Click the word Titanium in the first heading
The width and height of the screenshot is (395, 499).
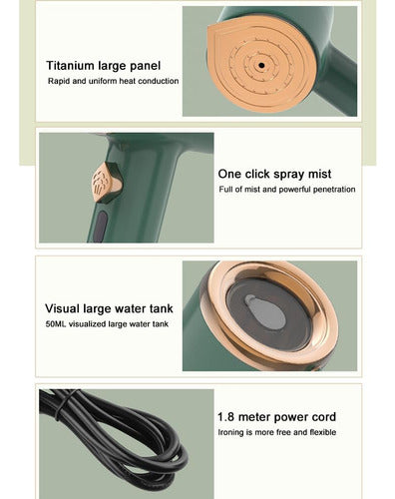coord(70,66)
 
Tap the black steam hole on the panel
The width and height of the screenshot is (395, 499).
coord(261,66)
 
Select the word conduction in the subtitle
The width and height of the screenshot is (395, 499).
coord(159,81)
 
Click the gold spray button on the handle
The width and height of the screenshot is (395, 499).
coord(107,183)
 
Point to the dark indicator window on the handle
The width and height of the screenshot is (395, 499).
coord(101,227)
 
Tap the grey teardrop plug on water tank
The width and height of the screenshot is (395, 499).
coord(265,311)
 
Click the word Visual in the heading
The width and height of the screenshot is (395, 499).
coord(63,308)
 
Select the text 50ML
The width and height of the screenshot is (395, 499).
coord(56,324)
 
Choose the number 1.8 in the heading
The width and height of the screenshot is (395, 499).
coord(226,417)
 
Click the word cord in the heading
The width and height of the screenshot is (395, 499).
coord(324,417)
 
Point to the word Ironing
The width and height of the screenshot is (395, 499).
coord(230,433)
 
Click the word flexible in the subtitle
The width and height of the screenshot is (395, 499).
coord(323,432)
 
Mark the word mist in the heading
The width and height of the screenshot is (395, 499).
coord(319,174)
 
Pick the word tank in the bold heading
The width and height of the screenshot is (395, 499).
coord(162,308)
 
